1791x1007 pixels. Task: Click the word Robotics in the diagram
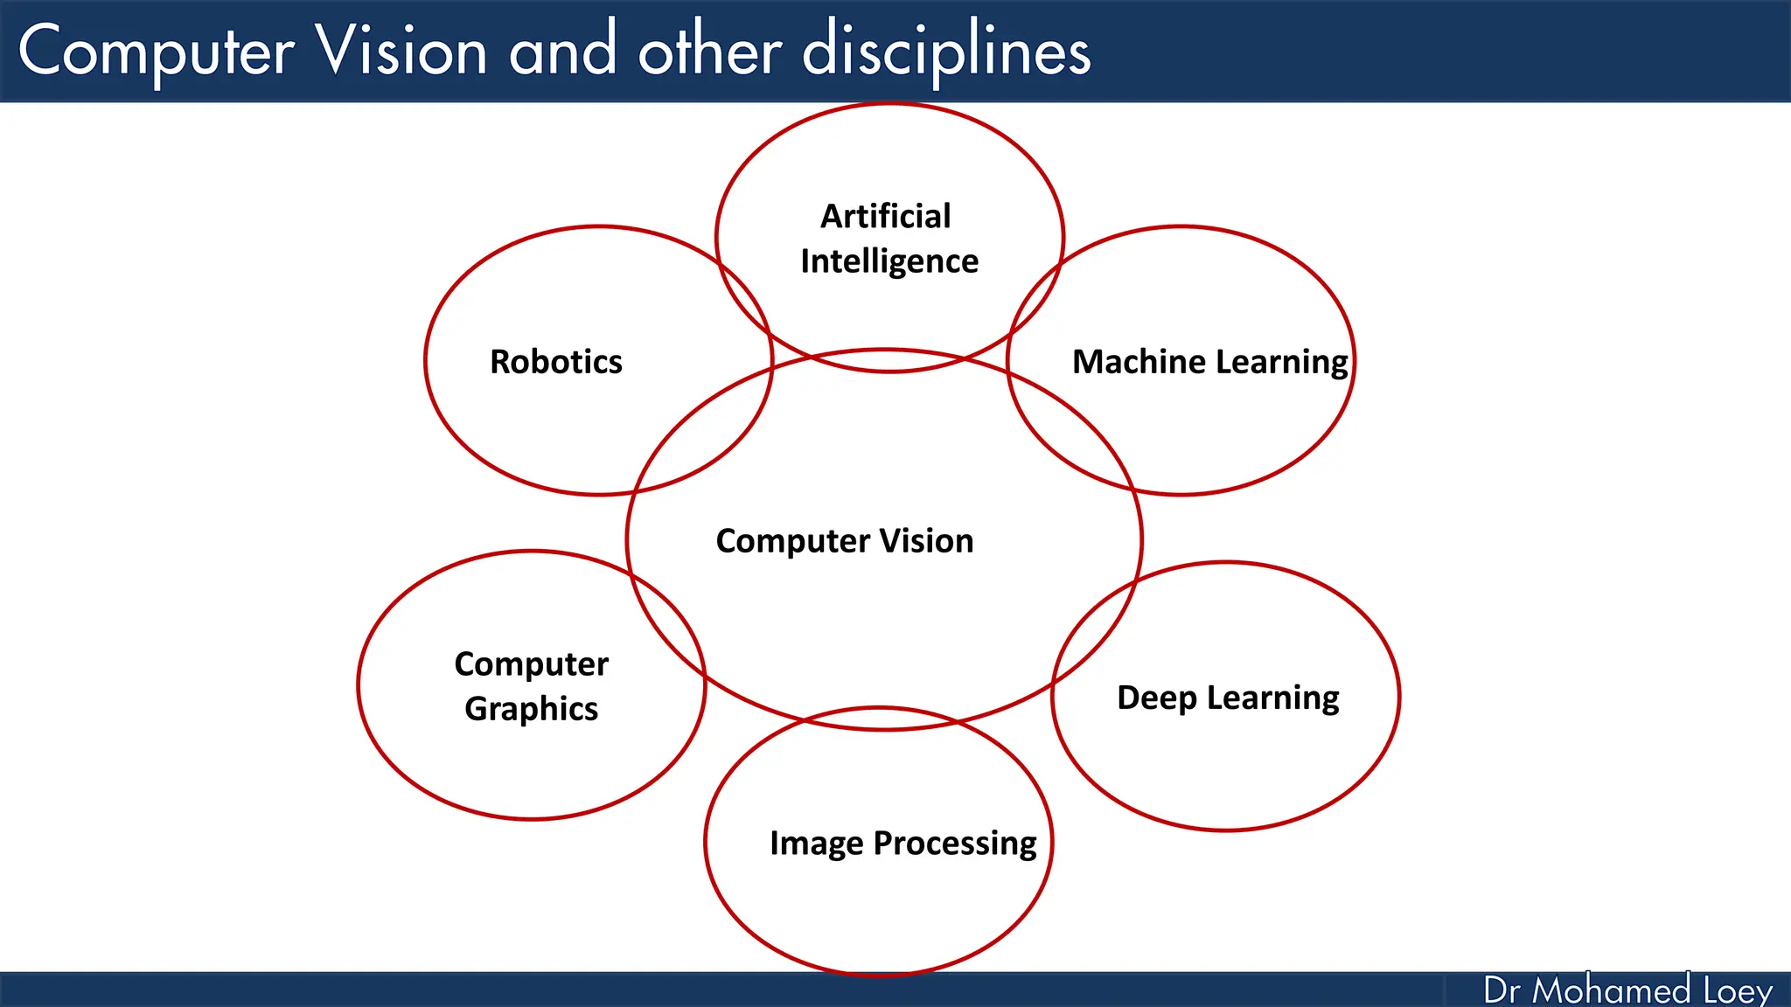point(555,361)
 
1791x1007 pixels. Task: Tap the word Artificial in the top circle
point(885,216)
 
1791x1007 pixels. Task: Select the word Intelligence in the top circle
point(889,261)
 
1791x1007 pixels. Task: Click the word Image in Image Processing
point(817,844)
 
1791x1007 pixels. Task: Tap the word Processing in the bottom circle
point(955,844)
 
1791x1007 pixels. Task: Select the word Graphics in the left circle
point(531,709)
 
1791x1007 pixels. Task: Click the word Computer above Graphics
point(531,663)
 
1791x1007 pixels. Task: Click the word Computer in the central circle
point(792,541)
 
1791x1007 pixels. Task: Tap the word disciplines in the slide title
point(946,51)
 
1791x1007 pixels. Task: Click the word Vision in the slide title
point(401,51)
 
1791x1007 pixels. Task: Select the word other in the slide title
point(709,51)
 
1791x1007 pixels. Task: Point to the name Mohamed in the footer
point(1611,990)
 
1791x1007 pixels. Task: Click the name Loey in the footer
point(1738,990)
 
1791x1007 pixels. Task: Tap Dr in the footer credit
point(1502,990)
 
